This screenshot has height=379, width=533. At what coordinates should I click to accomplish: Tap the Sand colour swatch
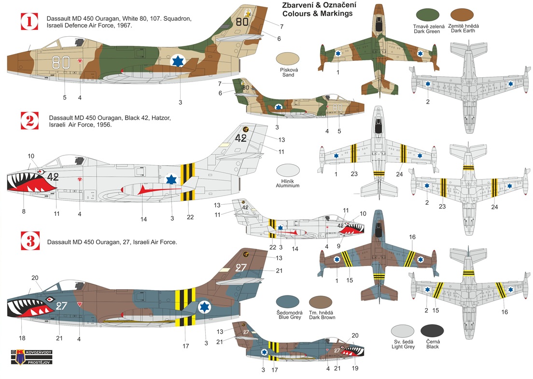click(x=289, y=60)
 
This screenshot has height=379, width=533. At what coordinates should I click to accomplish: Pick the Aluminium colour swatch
click(x=288, y=172)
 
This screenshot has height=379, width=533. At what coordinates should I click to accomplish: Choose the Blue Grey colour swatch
click(x=289, y=301)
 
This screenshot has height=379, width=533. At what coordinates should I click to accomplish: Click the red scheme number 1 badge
click(x=29, y=22)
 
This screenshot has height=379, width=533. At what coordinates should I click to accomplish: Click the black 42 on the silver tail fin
click(x=241, y=138)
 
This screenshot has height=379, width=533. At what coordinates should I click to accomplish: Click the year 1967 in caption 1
click(x=124, y=26)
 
